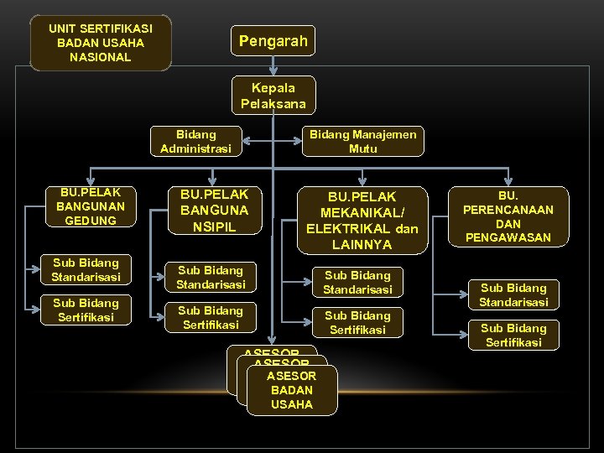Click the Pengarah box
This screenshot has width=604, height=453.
(x=273, y=40)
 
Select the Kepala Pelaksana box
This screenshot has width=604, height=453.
(x=273, y=96)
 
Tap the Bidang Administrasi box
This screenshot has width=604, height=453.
(x=195, y=141)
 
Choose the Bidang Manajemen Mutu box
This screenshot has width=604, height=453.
(x=363, y=141)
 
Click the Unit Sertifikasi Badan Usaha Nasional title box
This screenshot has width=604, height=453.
(x=101, y=42)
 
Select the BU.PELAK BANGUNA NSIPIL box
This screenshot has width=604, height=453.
(x=214, y=211)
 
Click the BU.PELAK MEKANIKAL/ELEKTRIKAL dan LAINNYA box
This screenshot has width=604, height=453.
(x=362, y=220)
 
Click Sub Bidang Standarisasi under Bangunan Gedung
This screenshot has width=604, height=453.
(x=85, y=269)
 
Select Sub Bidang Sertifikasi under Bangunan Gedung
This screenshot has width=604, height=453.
(x=85, y=310)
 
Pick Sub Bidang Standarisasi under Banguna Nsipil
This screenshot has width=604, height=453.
(x=211, y=277)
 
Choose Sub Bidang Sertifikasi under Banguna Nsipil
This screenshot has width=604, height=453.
(x=211, y=317)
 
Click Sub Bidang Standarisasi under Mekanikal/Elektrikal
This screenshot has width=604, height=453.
(x=357, y=282)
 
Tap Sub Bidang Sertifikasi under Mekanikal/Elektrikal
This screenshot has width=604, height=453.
(x=357, y=322)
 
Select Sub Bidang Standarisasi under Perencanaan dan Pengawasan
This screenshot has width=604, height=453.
(x=513, y=294)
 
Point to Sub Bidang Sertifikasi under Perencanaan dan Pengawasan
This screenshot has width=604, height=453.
(x=513, y=335)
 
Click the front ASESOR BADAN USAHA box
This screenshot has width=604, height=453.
(x=292, y=390)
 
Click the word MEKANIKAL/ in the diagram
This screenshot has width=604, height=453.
(x=362, y=212)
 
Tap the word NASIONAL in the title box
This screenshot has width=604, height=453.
(x=101, y=57)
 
